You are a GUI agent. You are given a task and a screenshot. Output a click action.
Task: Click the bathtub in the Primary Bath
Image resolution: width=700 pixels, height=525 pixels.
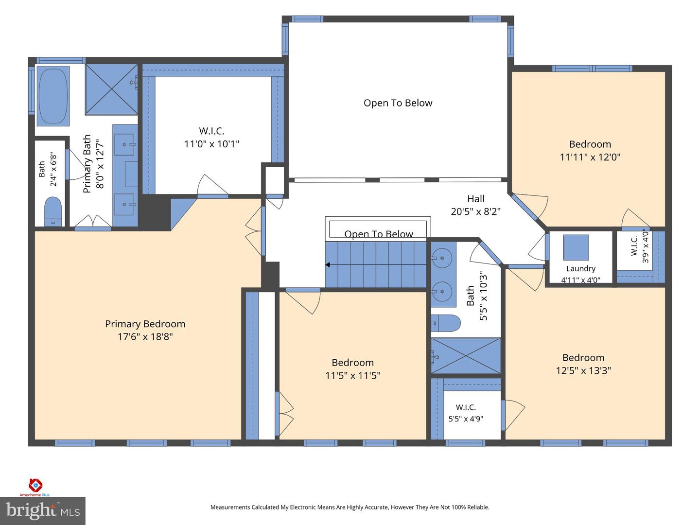pos(53,96)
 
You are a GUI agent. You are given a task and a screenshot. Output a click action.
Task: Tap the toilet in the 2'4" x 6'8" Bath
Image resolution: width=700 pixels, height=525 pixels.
pos(52,211)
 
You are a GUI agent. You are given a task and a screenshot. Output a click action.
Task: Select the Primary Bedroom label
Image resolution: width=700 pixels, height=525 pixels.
pos(145,324)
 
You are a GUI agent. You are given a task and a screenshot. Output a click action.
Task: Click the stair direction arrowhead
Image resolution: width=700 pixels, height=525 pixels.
pos(328,264)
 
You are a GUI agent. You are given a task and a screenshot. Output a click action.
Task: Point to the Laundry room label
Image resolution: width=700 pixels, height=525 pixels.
pos(581,268)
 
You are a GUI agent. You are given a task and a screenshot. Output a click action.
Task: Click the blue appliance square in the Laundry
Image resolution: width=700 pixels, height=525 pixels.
pos(576,247)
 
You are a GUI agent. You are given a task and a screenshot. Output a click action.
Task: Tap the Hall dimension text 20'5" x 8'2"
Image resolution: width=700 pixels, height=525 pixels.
pos(475,211)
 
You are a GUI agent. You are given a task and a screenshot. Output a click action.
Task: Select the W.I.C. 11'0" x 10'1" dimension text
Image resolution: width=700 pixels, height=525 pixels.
pos(212,144)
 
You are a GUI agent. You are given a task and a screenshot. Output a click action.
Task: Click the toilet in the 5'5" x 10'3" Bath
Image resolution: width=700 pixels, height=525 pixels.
pos(445,323)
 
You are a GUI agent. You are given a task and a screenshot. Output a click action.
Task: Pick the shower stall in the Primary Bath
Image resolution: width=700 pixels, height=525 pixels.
pos(111,89)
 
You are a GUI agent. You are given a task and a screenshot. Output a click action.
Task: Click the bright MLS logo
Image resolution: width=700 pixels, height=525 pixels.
pos(43,510)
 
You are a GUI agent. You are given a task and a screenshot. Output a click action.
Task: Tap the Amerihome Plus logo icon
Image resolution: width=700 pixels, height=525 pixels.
pos(35,485)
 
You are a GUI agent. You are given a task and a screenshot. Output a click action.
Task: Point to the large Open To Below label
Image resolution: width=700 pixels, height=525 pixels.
pos(398,103)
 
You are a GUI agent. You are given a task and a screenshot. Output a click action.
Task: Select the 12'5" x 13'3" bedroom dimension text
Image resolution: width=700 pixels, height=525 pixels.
pos(583,370)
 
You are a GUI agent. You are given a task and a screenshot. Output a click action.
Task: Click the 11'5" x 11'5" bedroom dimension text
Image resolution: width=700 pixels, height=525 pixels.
pos(353,375)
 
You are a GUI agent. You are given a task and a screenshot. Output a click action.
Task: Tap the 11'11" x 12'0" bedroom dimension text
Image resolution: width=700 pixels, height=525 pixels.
pos(590,157)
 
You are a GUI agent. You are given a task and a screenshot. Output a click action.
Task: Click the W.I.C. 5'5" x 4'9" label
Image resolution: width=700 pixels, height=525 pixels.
pos(466,413)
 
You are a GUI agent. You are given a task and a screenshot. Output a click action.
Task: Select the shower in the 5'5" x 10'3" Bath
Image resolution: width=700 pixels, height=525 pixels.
pos(466,356)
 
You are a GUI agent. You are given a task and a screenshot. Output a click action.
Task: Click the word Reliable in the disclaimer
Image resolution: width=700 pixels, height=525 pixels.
pos(478,507)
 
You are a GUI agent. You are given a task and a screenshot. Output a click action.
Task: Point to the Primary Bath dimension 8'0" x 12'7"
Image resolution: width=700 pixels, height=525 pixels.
pos(100,164)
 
